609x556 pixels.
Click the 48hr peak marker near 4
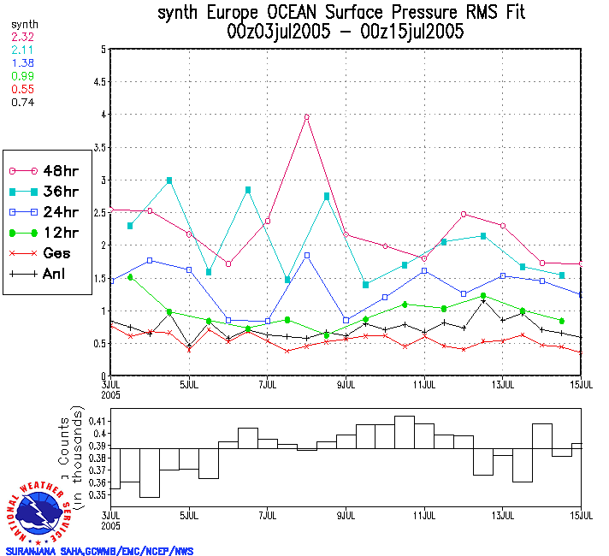pyautogui.click(x=306, y=117)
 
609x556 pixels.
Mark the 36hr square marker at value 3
pyautogui.click(x=169, y=180)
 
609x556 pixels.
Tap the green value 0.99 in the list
pyautogui.click(x=21, y=77)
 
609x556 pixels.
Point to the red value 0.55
pyautogui.click(x=21, y=89)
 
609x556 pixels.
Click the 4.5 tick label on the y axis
pyautogui.click(x=99, y=82)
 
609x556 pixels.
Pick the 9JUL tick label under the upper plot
pyautogui.click(x=346, y=384)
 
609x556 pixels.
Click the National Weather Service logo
pyautogui.click(x=38, y=512)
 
